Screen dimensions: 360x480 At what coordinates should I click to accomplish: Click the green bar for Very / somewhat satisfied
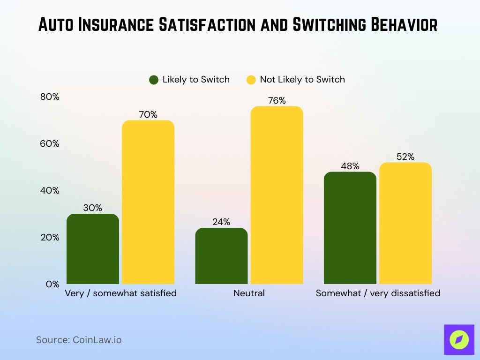click(x=93, y=249)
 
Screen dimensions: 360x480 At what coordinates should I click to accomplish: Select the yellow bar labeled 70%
click(x=148, y=202)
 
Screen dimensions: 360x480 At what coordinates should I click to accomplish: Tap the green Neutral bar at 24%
click(x=221, y=256)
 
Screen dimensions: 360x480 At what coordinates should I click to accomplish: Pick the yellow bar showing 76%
click(x=277, y=195)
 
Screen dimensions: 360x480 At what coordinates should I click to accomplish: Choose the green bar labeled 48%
click(x=350, y=228)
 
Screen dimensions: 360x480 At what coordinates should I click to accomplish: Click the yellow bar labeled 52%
click(x=405, y=223)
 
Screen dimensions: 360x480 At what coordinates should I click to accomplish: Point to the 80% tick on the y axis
click(x=49, y=97)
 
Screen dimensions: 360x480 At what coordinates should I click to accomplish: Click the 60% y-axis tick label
click(x=49, y=144)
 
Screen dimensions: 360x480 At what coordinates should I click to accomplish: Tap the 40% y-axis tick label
click(x=49, y=191)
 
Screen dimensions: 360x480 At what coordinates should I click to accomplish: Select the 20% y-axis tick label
click(x=49, y=238)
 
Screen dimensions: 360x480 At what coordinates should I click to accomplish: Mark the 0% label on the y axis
click(x=52, y=284)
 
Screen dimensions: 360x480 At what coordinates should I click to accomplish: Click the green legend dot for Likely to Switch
click(x=154, y=80)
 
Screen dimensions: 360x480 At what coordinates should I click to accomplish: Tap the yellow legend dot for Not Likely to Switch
click(x=251, y=80)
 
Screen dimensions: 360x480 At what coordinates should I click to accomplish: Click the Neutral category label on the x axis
click(x=249, y=293)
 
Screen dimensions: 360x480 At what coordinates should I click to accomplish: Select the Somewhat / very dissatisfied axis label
click(x=378, y=293)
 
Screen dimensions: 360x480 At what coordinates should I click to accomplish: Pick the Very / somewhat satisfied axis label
click(x=120, y=293)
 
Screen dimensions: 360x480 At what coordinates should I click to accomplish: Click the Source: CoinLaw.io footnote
click(x=79, y=340)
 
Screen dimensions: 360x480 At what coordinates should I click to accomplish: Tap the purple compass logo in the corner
click(x=458, y=339)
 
